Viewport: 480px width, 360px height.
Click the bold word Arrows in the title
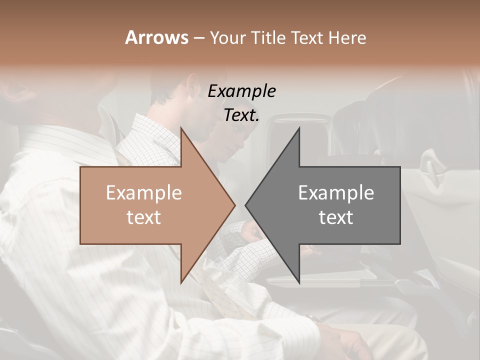(x=156, y=37)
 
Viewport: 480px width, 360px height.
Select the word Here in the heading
(x=347, y=37)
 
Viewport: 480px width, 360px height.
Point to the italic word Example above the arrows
(x=241, y=91)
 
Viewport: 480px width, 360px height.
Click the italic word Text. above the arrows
(x=241, y=115)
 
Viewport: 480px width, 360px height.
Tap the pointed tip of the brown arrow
(x=234, y=205)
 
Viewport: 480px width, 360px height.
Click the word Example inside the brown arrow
(x=143, y=193)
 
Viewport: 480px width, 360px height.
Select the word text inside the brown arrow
(x=143, y=217)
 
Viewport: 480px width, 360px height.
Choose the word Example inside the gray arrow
(x=336, y=193)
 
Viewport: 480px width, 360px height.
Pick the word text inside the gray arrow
(x=336, y=217)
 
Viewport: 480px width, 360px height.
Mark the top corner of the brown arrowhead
(x=181, y=127)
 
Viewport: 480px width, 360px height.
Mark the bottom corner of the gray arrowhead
(x=299, y=283)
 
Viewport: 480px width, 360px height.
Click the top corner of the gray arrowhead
(x=299, y=127)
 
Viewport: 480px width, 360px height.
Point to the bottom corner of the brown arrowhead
(x=181, y=283)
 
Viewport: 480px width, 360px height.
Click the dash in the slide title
(x=198, y=38)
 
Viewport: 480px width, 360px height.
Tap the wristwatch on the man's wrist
(x=314, y=318)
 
